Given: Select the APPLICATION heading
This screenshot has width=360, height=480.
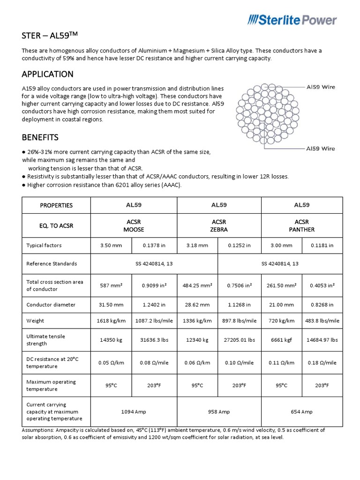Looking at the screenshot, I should (48, 74).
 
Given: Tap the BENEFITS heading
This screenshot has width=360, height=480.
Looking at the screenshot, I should (40, 137).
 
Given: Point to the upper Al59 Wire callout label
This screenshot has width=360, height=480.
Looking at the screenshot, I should (320, 87).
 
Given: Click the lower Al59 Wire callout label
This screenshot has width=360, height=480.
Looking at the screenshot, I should (320, 149).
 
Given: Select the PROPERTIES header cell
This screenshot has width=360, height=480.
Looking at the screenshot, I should (56, 205).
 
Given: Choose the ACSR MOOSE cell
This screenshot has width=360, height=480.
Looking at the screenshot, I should (133, 225).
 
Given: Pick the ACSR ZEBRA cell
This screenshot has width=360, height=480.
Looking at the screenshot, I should (218, 225).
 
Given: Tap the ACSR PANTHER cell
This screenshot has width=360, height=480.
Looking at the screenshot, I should (301, 225).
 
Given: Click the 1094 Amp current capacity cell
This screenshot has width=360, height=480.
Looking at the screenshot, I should (133, 412).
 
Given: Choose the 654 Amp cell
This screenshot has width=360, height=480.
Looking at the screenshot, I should (301, 412).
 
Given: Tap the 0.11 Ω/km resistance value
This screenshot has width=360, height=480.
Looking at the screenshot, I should (282, 363).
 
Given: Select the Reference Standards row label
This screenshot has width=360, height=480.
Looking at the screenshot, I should (52, 264).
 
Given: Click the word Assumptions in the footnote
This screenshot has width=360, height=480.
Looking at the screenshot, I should (38, 430).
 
